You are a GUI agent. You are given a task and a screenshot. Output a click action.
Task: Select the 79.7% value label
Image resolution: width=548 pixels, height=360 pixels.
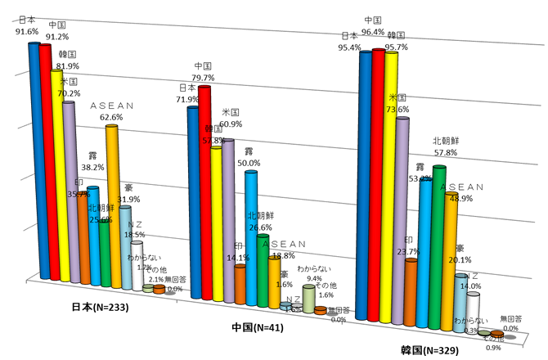[x=204, y=78]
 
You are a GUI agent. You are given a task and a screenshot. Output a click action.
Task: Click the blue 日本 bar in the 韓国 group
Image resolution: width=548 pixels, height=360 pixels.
[x=364, y=180]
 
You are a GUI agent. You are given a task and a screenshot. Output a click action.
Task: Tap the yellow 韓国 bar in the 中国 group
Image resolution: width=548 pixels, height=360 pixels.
[x=216, y=213]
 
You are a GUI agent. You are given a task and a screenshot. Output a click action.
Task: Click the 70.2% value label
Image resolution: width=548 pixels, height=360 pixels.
[x=69, y=93]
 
